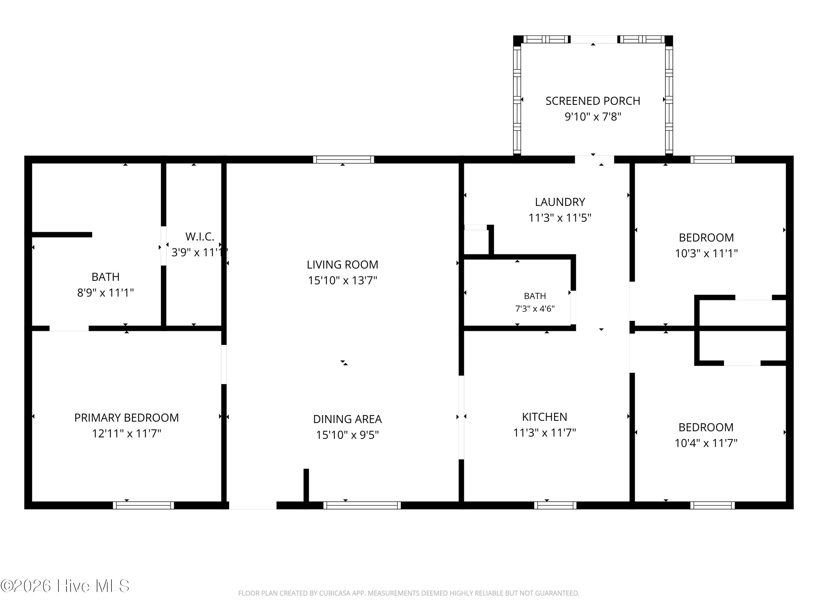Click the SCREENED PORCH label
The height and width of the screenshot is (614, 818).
pyautogui.click(x=593, y=101)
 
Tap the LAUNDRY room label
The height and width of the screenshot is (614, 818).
pyautogui.click(x=560, y=202)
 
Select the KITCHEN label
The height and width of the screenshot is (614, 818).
pyautogui.click(x=544, y=417)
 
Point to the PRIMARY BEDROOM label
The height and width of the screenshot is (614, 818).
pyautogui.click(x=127, y=418)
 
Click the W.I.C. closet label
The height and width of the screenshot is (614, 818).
pyautogui.click(x=200, y=237)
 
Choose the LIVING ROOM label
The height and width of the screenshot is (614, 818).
pyautogui.click(x=342, y=265)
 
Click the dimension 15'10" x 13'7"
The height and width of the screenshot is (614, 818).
pyautogui.click(x=342, y=281)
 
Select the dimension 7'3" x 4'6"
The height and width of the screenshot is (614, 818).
pyautogui.click(x=535, y=309)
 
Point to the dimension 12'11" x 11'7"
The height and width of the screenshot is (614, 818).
pyautogui.click(x=127, y=433)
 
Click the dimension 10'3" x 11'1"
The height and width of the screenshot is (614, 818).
pyautogui.click(x=706, y=254)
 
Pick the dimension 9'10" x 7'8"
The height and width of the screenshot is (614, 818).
pyautogui.click(x=593, y=117)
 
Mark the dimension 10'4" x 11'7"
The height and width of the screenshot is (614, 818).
pyautogui.click(x=706, y=443)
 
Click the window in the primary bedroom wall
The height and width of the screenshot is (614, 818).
pyautogui.click(x=143, y=505)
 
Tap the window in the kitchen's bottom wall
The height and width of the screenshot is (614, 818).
pyautogui.click(x=555, y=505)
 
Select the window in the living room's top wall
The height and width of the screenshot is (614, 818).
pyautogui.click(x=344, y=160)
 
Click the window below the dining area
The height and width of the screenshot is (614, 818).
pyautogui.click(x=362, y=505)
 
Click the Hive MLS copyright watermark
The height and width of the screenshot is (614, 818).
pyautogui.click(x=65, y=586)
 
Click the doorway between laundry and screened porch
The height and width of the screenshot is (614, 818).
pyautogui.click(x=594, y=160)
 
